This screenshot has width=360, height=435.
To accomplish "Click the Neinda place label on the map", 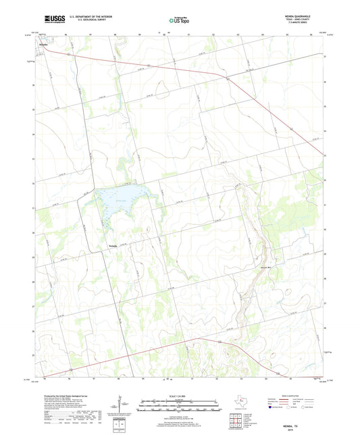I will [113, 245].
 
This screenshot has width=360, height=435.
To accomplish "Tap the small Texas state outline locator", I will [238, 403].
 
